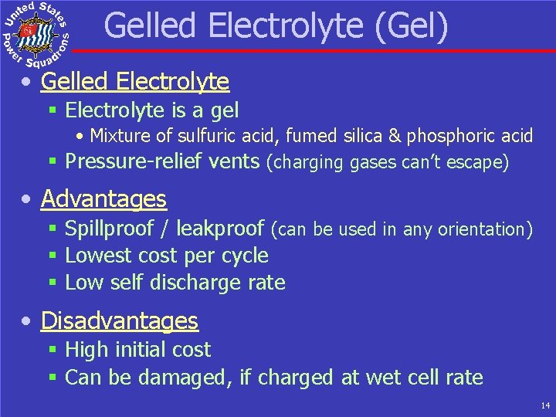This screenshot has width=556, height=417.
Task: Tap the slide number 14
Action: tap(545, 405)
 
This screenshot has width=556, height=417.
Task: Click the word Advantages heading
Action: tap(103, 199)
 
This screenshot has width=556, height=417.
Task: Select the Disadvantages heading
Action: tap(120, 320)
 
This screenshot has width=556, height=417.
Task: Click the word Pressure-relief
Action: tap(134, 161)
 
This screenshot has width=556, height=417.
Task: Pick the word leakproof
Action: tap(220, 229)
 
